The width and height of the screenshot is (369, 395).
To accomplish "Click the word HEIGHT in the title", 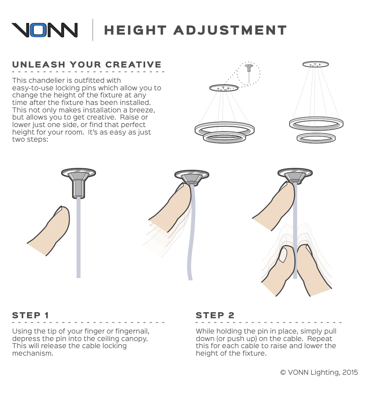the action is pyautogui.click(x=135, y=30).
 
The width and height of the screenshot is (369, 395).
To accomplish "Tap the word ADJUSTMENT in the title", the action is pyautogui.click(x=230, y=30).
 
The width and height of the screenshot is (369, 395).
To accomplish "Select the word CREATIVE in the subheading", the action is pyautogui.click(x=133, y=64).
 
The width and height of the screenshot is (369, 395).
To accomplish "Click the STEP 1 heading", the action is pyautogui.click(x=30, y=315).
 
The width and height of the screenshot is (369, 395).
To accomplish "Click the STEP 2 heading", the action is pyautogui.click(x=215, y=315).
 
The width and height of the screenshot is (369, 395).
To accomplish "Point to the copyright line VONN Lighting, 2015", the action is pyautogui.click(x=319, y=373).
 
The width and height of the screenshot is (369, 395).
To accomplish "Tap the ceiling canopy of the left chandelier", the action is pyautogui.click(x=224, y=88).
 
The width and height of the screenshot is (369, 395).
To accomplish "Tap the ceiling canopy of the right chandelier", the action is pyautogui.click(x=316, y=64).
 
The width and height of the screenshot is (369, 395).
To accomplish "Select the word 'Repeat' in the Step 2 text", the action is pyautogui.click(x=319, y=338).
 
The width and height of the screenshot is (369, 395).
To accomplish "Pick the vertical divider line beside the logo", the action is pyautogui.click(x=93, y=30).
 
